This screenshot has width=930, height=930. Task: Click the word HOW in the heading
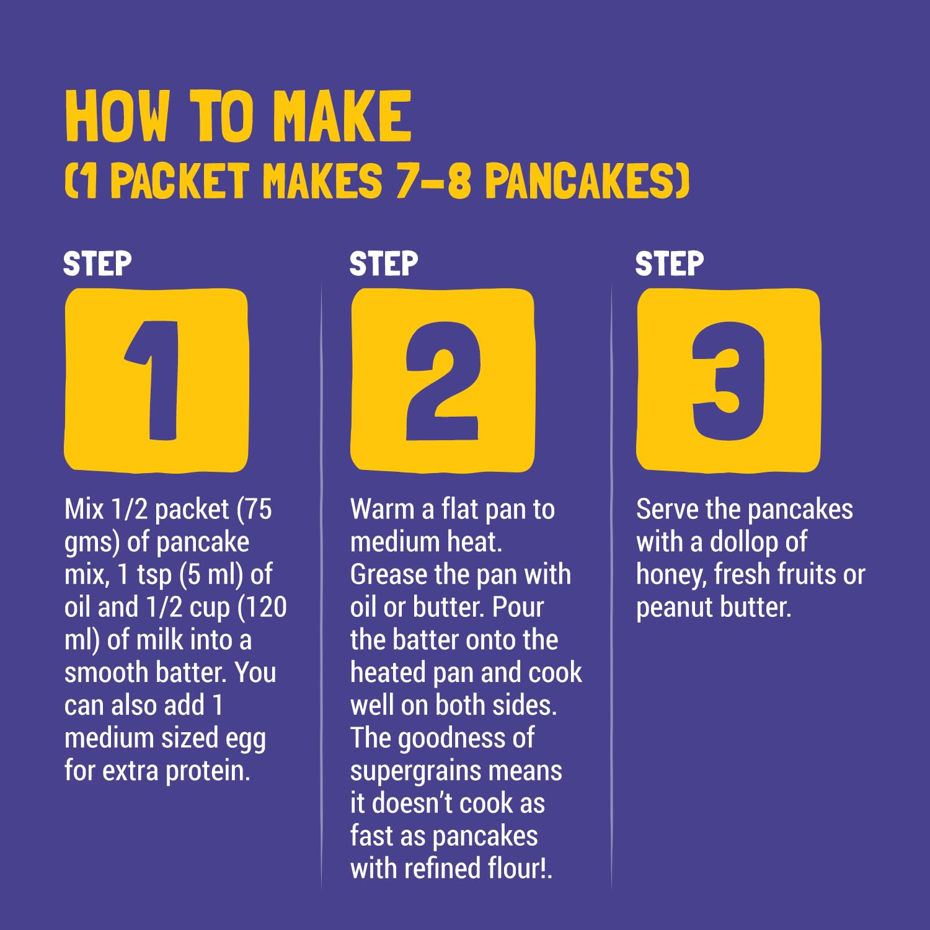(117, 116)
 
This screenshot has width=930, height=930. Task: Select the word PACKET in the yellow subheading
(179, 181)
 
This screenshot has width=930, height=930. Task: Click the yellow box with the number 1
(156, 380)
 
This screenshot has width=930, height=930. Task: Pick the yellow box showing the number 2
(443, 380)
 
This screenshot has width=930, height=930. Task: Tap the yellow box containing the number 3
(728, 380)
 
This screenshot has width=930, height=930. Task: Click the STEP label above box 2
(384, 264)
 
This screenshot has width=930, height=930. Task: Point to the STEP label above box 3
(670, 264)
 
